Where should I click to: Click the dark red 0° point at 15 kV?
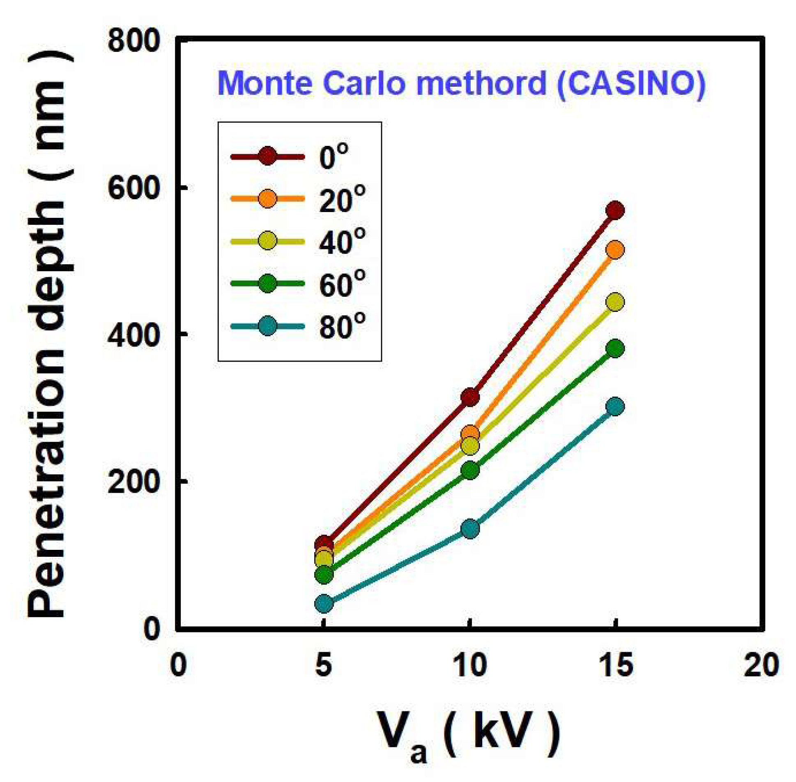pyautogui.click(x=615, y=211)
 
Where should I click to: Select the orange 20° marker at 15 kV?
pyautogui.click(x=615, y=249)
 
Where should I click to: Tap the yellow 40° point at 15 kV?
pyautogui.click(x=615, y=302)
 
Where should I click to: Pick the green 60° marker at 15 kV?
pyautogui.click(x=615, y=348)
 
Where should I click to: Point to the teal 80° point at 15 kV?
pyautogui.click(x=615, y=407)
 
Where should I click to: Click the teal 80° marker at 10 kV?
pyautogui.click(x=470, y=528)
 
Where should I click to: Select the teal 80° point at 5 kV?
pyautogui.click(x=324, y=603)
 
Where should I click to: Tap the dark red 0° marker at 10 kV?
pyautogui.click(x=470, y=397)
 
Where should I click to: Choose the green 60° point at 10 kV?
pyautogui.click(x=470, y=470)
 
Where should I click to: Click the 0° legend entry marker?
pyautogui.click(x=267, y=156)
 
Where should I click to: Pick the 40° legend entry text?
pyautogui.click(x=342, y=242)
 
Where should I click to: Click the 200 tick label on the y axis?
pyautogui.click(x=133, y=482)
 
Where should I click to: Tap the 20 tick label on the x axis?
pyautogui.click(x=761, y=665)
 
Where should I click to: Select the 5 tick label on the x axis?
pyautogui.click(x=324, y=665)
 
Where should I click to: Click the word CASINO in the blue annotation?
pyautogui.click(x=630, y=83)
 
